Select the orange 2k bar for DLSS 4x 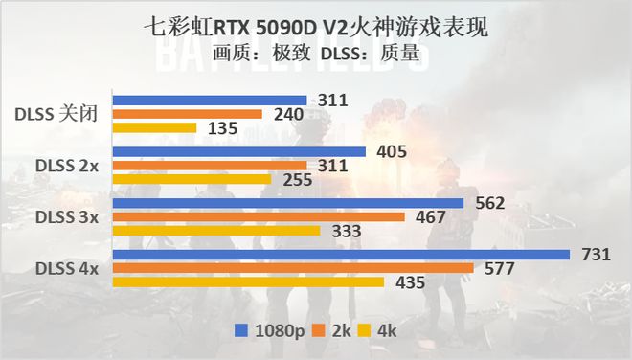[292, 268]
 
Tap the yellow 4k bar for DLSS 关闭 [154, 127]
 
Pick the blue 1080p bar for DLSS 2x [239, 151]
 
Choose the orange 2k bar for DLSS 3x [259, 216]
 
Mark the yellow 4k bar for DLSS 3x [216, 230]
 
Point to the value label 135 [215, 128]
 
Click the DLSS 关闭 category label [56, 114]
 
